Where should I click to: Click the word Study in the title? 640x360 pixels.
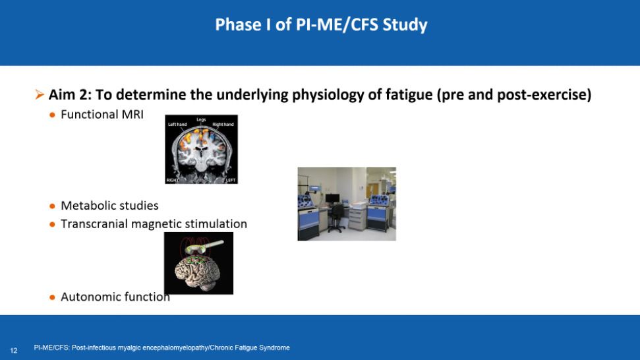405,25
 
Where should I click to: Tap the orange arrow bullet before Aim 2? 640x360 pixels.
40,95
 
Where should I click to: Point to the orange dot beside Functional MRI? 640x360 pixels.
52,115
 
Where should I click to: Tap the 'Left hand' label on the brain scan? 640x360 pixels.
177,125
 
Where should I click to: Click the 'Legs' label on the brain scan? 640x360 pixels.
201,119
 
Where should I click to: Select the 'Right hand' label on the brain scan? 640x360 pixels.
223,125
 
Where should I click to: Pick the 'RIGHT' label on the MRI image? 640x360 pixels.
172,180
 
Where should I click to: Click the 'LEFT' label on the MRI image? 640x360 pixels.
231,180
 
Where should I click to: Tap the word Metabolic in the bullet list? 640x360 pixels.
87,205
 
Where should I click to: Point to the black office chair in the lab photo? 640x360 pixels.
337,218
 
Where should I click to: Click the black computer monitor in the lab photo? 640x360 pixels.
332,198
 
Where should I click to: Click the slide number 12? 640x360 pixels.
14,351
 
